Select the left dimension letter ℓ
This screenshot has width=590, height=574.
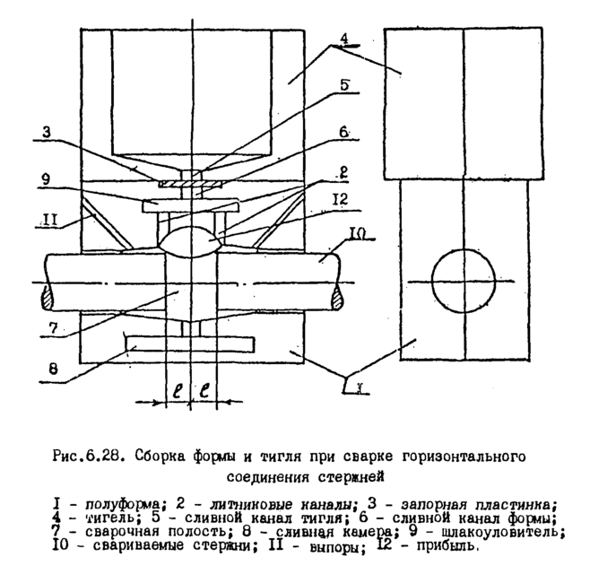[x=178, y=391]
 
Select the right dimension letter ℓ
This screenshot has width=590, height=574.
[x=207, y=391]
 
